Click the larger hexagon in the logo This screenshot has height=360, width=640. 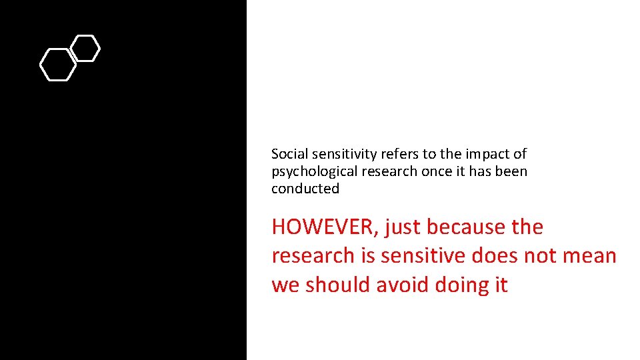58,65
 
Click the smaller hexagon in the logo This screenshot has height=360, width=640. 85,48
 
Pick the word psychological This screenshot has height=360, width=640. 315,171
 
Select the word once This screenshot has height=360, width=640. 436,171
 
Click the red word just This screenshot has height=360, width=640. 403,227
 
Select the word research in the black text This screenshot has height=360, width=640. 389,171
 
